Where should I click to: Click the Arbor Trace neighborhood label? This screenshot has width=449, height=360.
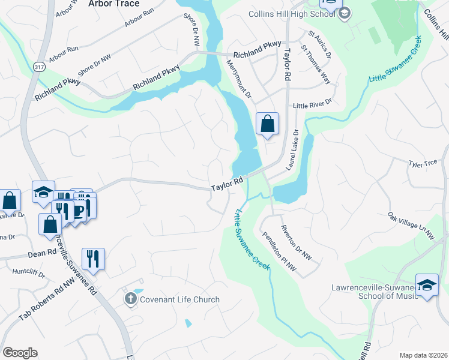click(113, 4)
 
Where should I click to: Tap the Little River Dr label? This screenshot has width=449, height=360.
click(312, 106)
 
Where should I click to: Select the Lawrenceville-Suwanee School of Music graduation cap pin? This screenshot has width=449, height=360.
click(426, 284)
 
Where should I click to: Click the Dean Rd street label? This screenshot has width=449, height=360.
click(41, 254)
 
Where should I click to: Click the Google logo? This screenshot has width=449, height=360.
click(20, 353)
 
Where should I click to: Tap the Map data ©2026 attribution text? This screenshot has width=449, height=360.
click(423, 355)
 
